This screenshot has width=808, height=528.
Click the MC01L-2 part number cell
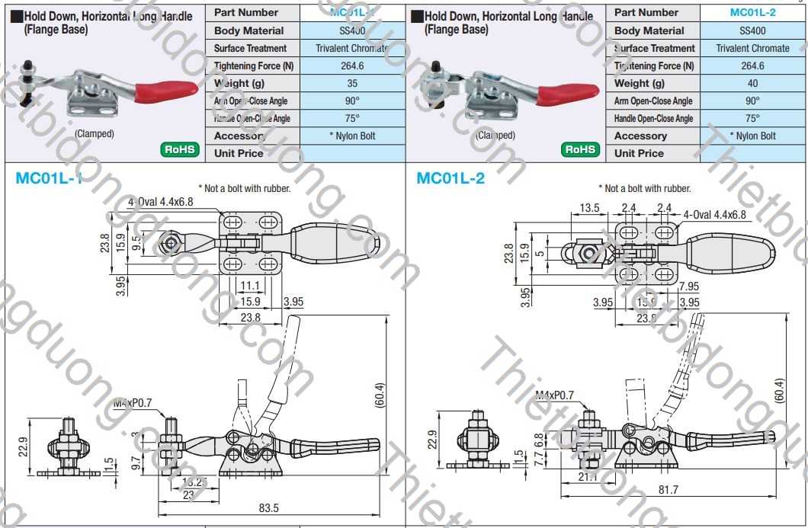pyautogui.click(x=752, y=12)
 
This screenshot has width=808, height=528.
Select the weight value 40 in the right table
pyautogui.click(x=752, y=83)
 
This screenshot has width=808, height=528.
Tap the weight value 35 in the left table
pyautogui.click(x=351, y=83)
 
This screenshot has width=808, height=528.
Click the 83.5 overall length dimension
pyautogui.click(x=268, y=507)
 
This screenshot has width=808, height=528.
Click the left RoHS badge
pyautogui.click(x=181, y=149)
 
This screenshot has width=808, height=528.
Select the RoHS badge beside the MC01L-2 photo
pyautogui.click(x=581, y=149)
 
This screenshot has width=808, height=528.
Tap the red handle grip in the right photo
pyautogui.click(x=565, y=94)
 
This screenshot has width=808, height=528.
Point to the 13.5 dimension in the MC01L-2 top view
pyautogui.click(x=590, y=208)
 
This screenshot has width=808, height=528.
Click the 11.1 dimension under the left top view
pyautogui.click(x=250, y=286)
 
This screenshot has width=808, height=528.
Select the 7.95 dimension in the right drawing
pyautogui.click(x=688, y=286)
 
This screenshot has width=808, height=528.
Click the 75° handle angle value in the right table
pyautogui.click(x=752, y=118)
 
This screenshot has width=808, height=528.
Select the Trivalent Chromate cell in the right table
pyautogui.click(x=752, y=48)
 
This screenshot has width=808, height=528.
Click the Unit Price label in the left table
pyautogui.click(x=239, y=153)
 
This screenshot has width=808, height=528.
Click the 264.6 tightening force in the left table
pyautogui.click(x=351, y=66)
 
